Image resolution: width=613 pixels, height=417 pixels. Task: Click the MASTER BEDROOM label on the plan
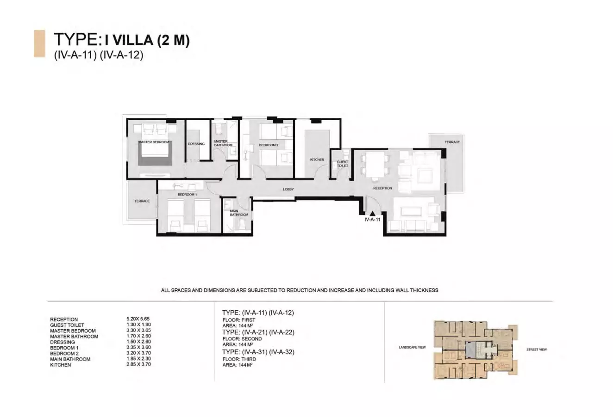154,142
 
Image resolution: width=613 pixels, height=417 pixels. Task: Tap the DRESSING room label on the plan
196,144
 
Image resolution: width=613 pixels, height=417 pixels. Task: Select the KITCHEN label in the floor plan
317,159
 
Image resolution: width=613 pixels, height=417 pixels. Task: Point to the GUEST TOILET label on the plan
342,164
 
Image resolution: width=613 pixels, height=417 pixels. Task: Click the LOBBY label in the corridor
288,189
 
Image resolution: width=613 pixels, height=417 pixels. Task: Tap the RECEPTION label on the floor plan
382,188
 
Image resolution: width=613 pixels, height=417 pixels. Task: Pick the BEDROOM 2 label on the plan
269,145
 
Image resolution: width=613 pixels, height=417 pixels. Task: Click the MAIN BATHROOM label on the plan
239,213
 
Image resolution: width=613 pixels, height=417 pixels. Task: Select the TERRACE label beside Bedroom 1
142,201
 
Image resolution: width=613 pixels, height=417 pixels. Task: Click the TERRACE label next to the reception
452,142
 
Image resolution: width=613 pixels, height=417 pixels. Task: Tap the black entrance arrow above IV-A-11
372,214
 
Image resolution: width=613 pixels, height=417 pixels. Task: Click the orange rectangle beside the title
39,44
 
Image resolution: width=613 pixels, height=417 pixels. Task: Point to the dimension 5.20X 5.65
138,319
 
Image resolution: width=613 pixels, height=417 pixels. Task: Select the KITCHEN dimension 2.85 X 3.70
138,364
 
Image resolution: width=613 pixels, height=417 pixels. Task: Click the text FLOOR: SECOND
242,338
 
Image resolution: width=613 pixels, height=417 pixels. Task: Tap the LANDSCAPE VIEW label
412,347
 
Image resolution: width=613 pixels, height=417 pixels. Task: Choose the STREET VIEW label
536,350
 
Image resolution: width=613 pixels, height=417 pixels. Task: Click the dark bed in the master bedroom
155,154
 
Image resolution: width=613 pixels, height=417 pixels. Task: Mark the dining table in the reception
375,165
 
